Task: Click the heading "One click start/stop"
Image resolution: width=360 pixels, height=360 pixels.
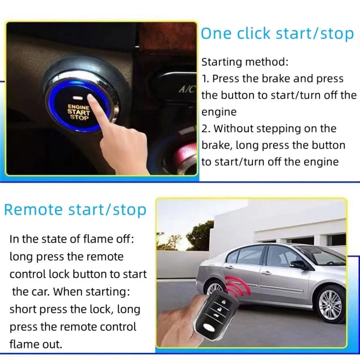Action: tap(277, 33)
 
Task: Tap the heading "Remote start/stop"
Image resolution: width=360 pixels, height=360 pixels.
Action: tap(75, 210)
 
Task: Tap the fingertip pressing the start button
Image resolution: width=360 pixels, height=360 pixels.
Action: tap(93, 101)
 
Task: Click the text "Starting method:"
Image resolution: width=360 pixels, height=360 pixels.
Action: tap(245, 62)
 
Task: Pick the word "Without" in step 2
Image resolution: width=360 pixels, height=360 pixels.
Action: tap(235, 129)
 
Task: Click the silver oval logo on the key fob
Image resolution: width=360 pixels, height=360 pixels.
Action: tap(209, 327)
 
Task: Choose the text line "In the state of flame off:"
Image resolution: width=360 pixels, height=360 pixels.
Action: tap(72, 239)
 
